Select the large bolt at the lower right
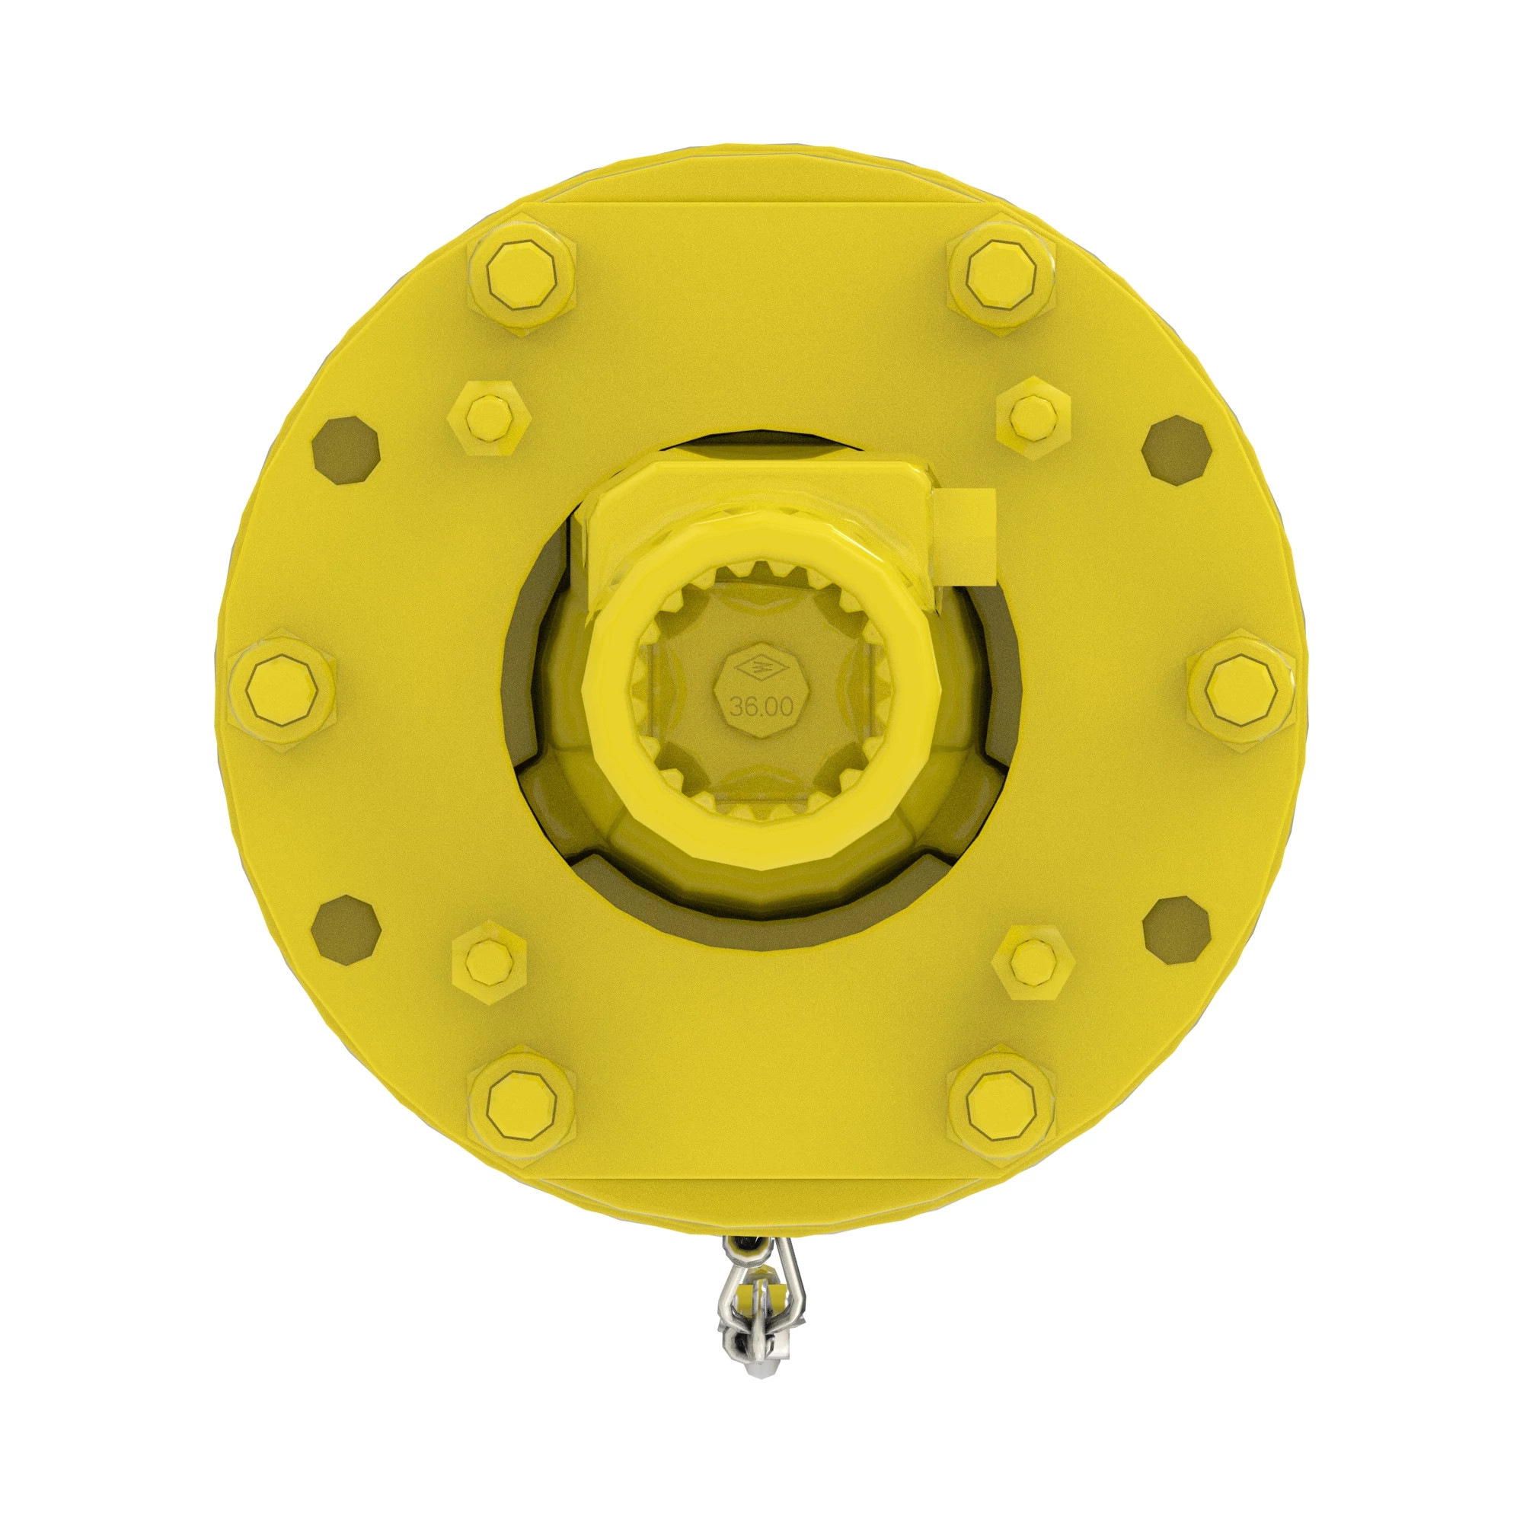click(1001, 1103)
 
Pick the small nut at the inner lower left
click(489, 960)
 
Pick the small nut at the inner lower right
click(1034, 960)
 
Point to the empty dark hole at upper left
click(345, 449)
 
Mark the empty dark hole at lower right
click(1177, 931)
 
